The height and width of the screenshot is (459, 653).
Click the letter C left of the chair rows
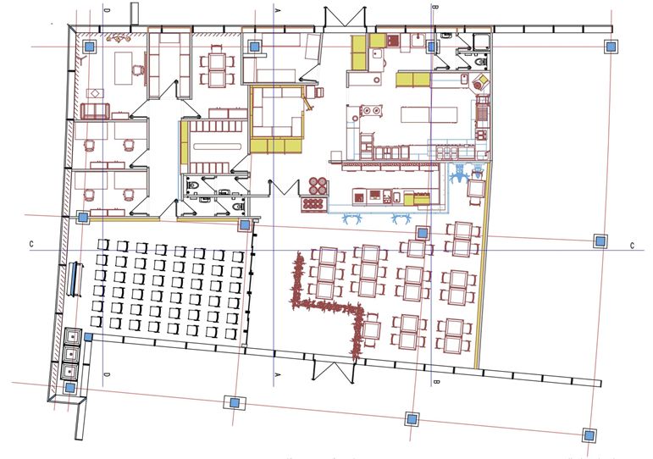[x=31, y=244]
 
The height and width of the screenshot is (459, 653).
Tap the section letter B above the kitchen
[x=435, y=7]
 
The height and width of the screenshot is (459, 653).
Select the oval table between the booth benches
[x=218, y=147]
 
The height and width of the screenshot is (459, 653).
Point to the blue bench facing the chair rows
[x=75, y=279]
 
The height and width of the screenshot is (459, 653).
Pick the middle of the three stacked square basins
[x=72, y=353]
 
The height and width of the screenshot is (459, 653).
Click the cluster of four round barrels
[x=318, y=185]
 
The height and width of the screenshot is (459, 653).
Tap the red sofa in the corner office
[x=96, y=111]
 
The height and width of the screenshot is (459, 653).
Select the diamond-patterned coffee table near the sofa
[x=96, y=94]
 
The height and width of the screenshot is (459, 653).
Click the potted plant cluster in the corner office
[x=119, y=39]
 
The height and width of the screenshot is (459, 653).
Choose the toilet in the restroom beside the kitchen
[x=482, y=62]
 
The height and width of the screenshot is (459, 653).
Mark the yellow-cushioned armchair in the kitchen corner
[x=480, y=81]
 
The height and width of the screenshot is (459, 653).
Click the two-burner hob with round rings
[x=371, y=110]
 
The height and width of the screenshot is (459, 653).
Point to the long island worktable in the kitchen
[x=429, y=114]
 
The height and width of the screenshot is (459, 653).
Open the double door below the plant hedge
[x=333, y=370]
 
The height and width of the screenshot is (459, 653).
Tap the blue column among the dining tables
[x=423, y=232]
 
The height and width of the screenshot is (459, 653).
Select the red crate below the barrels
[x=313, y=204]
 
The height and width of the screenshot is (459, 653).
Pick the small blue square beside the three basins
[x=88, y=336]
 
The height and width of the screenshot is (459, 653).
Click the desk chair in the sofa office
[x=138, y=70]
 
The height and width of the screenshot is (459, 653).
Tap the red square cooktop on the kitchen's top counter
[x=393, y=41]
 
